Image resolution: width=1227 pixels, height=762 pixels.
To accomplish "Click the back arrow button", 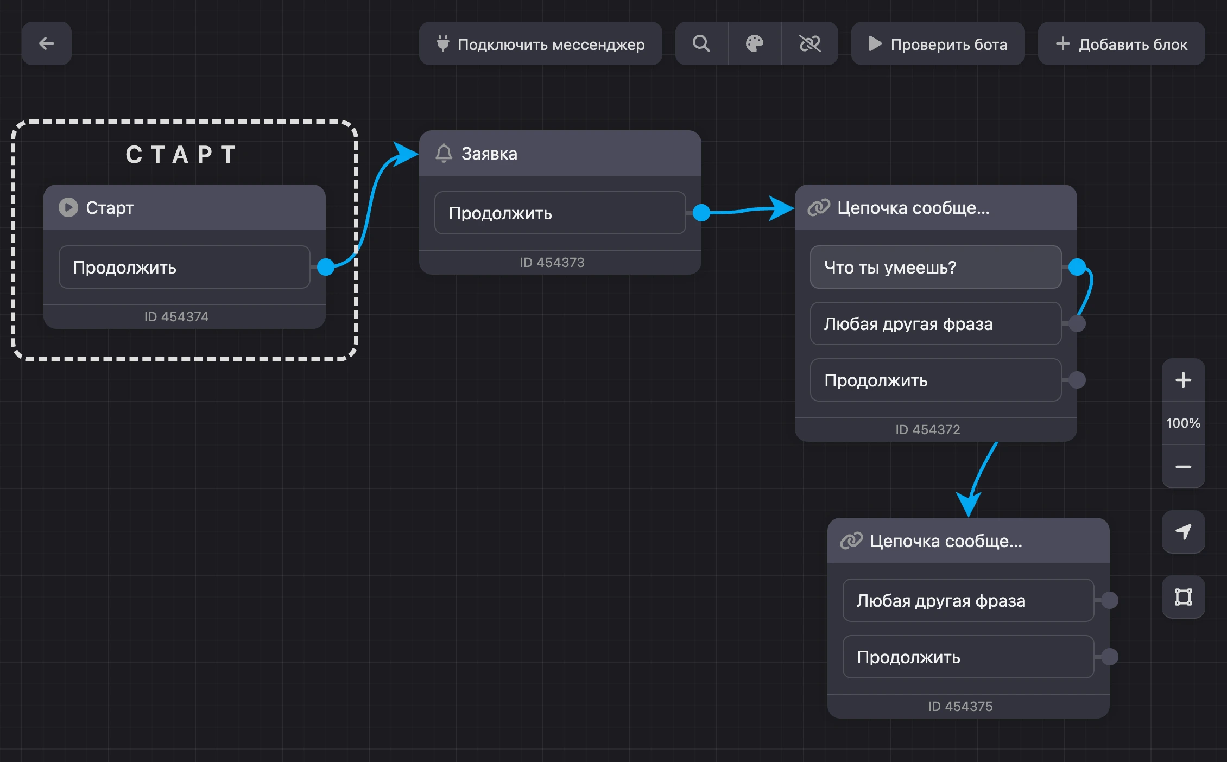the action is [47, 43].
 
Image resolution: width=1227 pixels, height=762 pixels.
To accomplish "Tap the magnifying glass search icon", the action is [701, 43].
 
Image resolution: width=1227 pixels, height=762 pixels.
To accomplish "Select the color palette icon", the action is [755, 43].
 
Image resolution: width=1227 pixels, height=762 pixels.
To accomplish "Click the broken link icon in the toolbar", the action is [810, 43].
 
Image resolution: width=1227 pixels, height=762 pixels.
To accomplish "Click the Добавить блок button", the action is [1122, 43].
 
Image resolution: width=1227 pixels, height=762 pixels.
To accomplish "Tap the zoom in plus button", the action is [1184, 380].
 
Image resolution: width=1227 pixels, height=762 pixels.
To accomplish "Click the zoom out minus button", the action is [1184, 467].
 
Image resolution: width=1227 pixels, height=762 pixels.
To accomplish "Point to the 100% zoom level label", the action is [1184, 423].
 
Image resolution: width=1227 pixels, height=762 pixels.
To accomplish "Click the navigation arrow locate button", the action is [1184, 532].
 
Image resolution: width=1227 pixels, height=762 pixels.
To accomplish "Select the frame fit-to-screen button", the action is [1184, 597].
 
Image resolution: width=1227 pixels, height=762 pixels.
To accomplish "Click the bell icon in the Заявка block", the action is [444, 153].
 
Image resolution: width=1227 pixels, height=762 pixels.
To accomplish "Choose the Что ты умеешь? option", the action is [936, 267].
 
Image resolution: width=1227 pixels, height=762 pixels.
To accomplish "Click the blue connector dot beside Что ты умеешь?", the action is [1077, 267].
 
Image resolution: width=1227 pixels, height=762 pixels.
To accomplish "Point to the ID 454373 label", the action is [552, 263].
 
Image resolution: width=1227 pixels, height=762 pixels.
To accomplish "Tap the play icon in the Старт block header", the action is [68, 207].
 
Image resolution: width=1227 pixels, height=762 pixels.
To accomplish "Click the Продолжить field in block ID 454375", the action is [969, 657].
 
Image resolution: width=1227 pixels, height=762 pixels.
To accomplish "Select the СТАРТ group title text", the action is [181, 155].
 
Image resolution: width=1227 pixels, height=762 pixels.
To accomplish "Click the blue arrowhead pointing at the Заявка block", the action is [406, 154].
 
